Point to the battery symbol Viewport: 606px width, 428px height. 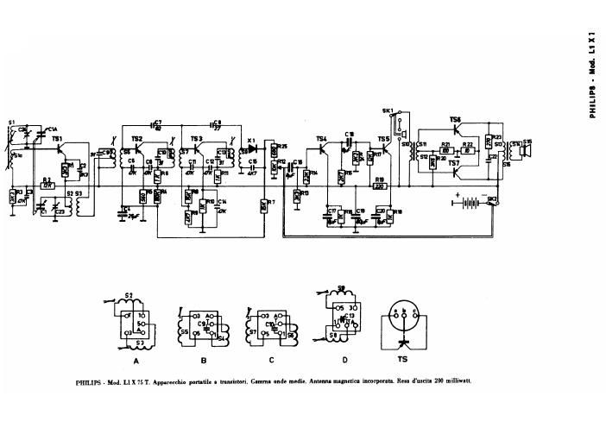tap(470, 204)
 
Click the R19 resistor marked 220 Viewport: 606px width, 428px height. tap(379, 185)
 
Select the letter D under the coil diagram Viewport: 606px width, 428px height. tap(344, 360)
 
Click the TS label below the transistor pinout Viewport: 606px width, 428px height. tap(402, 361)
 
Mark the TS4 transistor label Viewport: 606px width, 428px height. tap(321, 138)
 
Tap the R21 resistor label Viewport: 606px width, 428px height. tap(445, 143)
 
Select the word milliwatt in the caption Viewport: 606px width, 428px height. tap(456, 381)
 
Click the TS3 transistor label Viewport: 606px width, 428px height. tap(197, 138)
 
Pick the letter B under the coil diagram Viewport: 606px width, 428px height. tap(204, 362)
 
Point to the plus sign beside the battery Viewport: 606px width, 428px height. tap(451, 195)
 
